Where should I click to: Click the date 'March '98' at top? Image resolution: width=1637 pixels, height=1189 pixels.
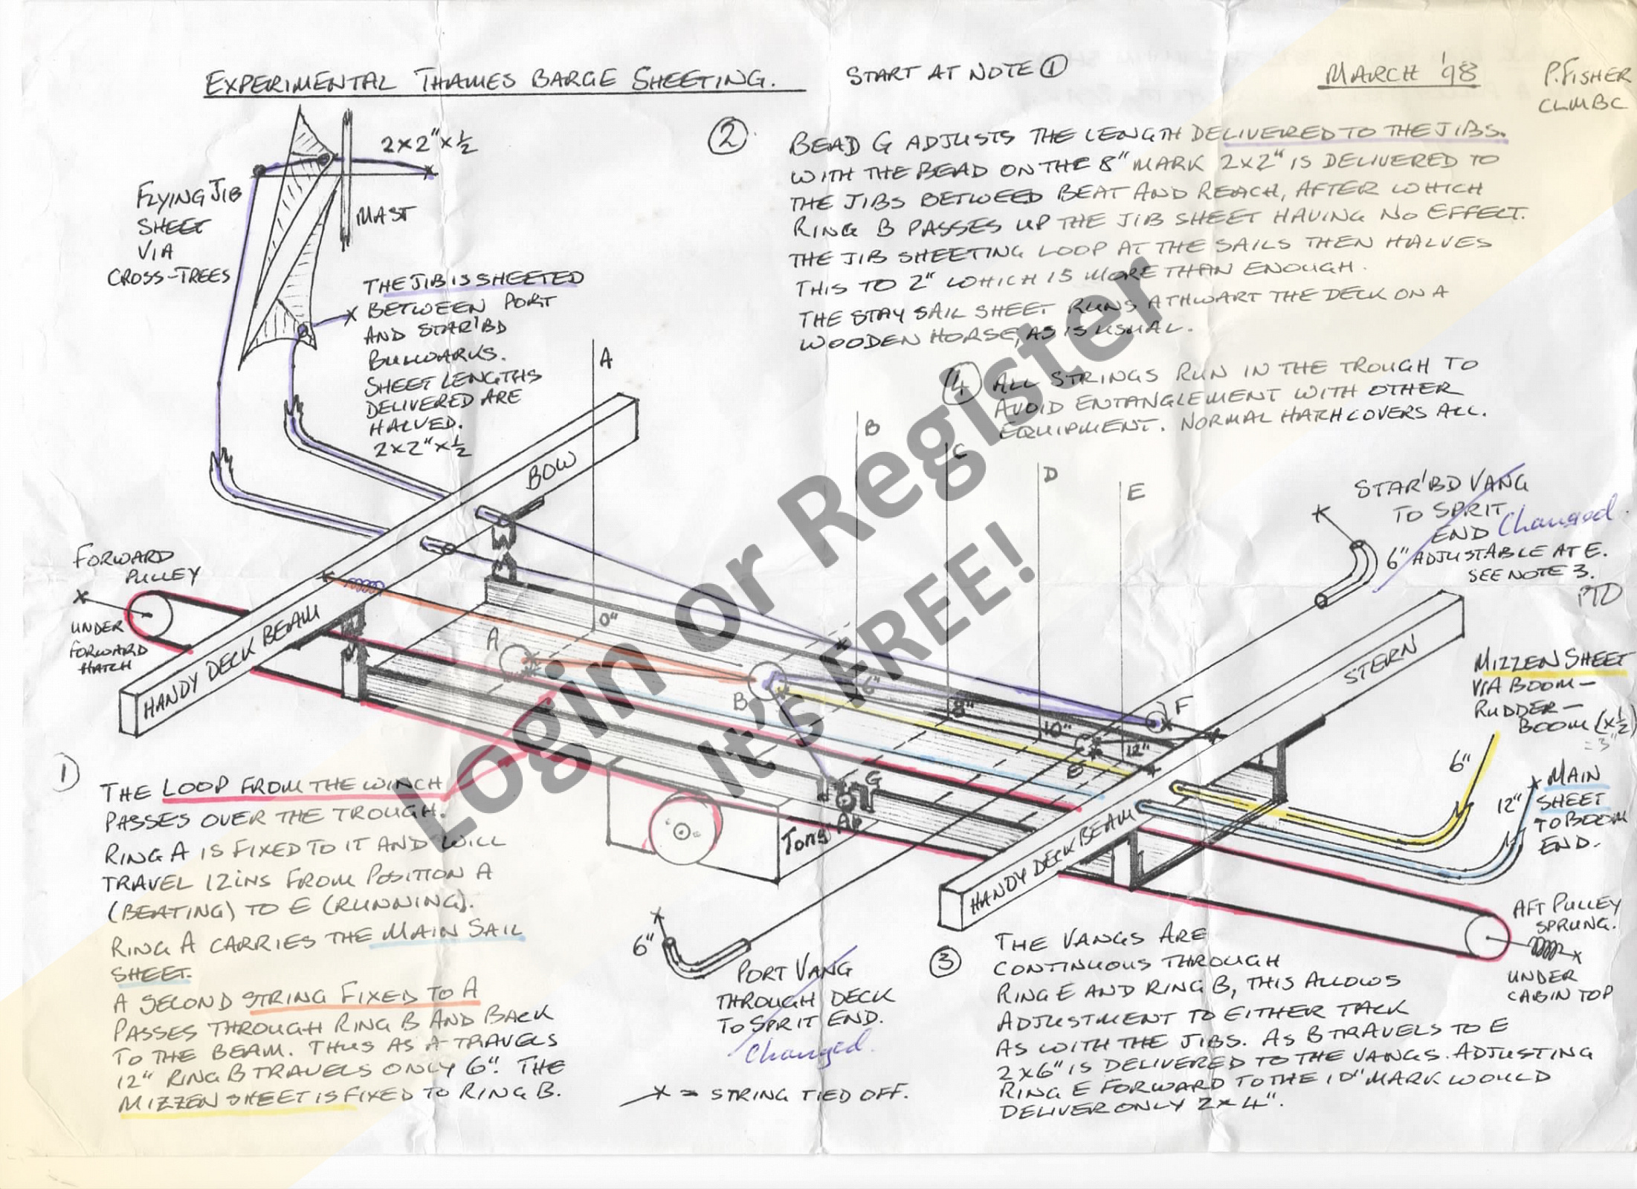click(1398, 75)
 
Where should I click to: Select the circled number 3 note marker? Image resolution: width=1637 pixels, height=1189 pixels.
click(945, 963)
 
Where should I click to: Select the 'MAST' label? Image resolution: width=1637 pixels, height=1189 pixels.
click(385, 216)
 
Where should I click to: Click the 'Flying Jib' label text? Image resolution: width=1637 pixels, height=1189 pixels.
click(189, 197)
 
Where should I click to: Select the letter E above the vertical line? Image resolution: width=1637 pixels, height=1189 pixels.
click(1135, 493)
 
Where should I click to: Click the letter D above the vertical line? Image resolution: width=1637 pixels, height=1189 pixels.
click(1050, 473)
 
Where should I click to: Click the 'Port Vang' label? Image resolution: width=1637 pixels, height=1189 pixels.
click(792, 970)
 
